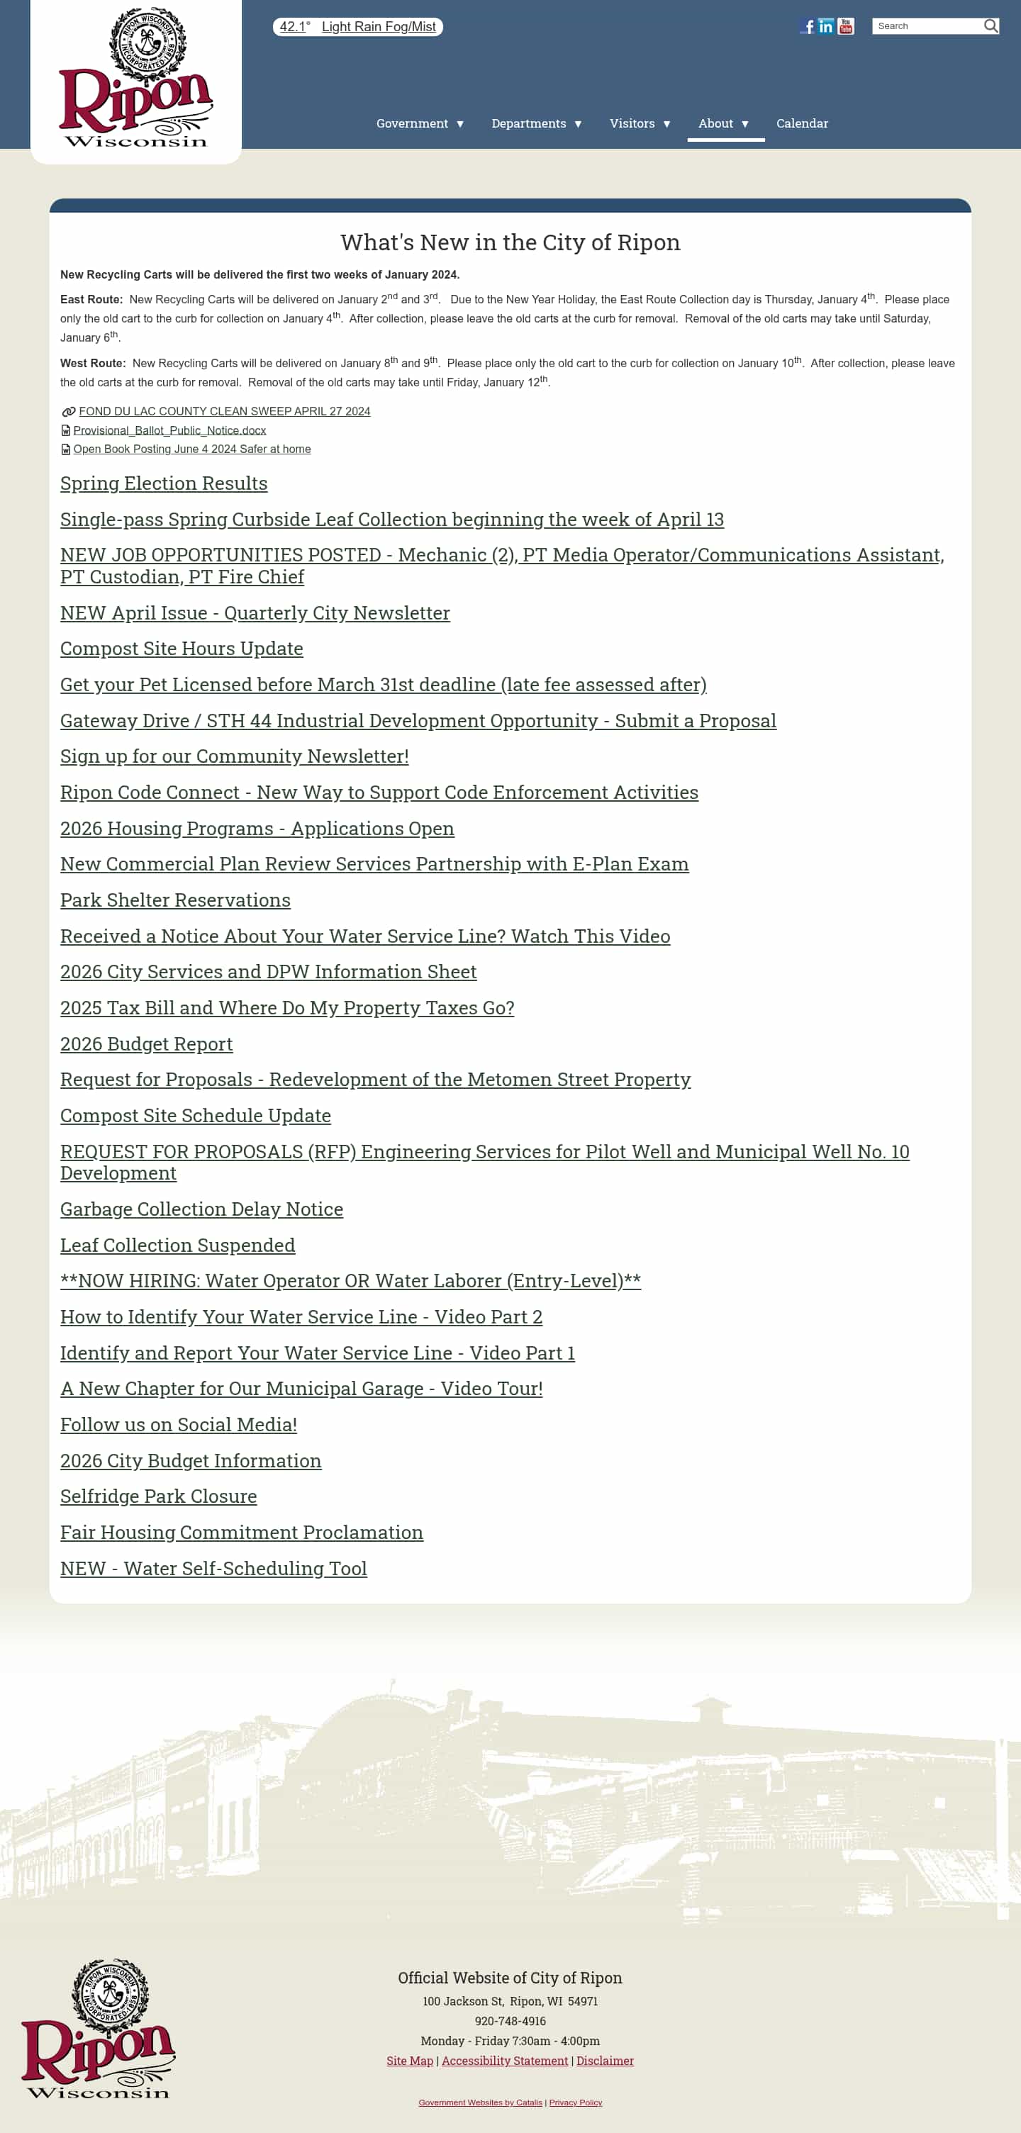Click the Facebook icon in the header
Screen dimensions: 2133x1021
pos(808,26)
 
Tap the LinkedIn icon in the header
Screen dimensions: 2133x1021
pos(825,26)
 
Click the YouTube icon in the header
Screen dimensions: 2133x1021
pos(845,26)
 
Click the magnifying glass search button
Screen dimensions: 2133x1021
pos(991,26)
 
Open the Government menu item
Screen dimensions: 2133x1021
pos(420,123)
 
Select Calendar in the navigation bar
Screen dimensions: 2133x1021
pos(802,123)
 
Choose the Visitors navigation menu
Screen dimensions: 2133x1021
pos(640,123)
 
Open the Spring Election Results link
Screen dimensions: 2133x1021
pos(164,483)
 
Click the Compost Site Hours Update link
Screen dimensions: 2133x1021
pos(182,649)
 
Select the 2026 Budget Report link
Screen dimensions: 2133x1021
pos(147,1044)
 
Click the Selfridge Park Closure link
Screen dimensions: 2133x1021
pos(158,1496)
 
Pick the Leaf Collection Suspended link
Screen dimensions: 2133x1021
pos(177,1245)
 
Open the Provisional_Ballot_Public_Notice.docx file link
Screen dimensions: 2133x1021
pos(169,430)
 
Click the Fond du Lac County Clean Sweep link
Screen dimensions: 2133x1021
pos(224,412)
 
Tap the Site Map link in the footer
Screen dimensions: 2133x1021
pos(410,2061)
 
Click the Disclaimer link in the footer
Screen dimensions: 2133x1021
pos(605,2061)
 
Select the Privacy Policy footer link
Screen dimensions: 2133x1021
pos(576,2103)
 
